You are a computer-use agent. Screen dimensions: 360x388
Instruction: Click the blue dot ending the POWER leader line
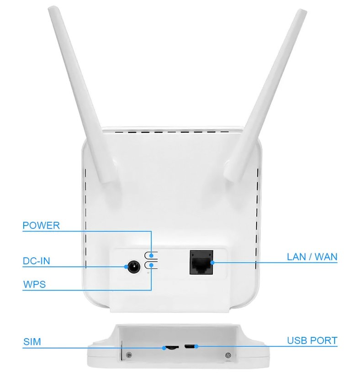152,255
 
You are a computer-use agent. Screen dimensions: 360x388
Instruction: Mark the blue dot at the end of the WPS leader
152,265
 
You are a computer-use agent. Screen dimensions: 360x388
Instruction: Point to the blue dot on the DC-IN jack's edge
126,267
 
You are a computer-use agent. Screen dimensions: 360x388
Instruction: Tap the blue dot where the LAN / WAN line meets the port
212,262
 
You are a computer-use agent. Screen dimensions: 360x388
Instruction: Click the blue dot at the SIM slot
164,348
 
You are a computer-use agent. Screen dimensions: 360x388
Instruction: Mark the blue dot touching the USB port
196,346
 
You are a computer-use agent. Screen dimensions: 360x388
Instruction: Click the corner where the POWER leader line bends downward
151,231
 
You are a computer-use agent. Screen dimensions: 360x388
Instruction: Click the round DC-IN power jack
134,267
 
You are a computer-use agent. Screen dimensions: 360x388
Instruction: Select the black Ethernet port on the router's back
201,262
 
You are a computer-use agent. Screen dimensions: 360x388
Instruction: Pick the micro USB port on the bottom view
190,346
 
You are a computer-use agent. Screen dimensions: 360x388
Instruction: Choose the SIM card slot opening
172,347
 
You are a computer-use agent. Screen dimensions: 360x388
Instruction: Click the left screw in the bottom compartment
128,355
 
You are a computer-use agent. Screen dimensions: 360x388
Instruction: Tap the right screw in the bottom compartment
228,355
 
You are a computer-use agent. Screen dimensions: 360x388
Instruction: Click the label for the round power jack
37,261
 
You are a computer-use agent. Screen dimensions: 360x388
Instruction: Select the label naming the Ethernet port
312,257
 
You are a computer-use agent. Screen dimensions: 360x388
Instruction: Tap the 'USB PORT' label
312,341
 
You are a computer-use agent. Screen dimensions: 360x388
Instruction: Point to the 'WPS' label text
34,284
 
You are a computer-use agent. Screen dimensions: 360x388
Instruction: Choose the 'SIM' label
32,342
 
